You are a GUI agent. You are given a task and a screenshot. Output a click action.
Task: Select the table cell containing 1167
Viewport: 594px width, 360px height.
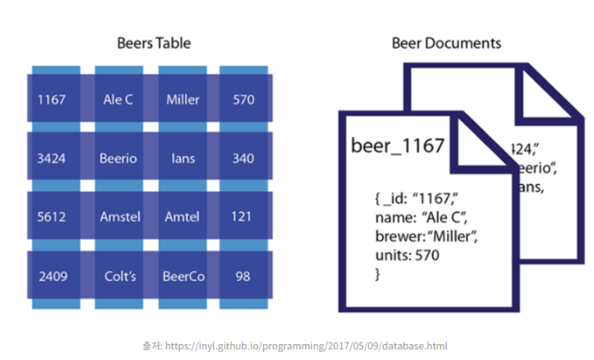54,100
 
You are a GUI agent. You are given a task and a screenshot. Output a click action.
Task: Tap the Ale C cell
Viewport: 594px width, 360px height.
118,100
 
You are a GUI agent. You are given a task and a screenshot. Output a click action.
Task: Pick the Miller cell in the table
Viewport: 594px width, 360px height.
183,100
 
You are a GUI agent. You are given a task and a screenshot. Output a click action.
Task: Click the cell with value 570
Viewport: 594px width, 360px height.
243,100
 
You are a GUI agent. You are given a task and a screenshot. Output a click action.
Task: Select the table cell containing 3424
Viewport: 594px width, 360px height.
54,158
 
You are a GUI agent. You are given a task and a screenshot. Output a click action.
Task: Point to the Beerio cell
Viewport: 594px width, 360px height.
118,158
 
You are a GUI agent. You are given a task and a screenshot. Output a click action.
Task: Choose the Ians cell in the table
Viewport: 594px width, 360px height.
183,158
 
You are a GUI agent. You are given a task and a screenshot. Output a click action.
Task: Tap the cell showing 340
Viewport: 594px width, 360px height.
243,158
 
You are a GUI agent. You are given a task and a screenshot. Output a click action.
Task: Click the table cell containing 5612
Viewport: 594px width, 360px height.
54,217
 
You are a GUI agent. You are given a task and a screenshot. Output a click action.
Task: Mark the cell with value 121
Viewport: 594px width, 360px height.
243,217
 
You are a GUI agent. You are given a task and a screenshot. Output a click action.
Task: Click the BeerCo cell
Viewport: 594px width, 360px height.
183,276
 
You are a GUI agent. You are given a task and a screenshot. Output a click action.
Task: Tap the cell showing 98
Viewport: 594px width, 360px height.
243,276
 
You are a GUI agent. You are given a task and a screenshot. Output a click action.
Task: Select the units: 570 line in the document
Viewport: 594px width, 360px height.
407,255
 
